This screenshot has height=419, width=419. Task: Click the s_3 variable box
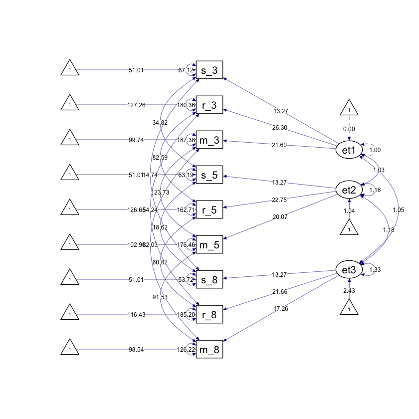click(x=209, y=70)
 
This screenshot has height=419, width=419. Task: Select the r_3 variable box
click(x=209, y=105)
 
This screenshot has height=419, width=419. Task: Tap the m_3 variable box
click(x=209, y=140)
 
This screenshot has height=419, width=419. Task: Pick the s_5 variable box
click(x=209, y=175)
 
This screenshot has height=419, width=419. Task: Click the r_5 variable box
click(x=209, y=210)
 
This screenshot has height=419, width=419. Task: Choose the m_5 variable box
click(x=209, y=245)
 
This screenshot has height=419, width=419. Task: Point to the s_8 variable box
click(x=209, y=280)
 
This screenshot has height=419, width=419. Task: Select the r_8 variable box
click(x=209, y=315)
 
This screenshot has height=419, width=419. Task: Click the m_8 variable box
click(x=209, y=350)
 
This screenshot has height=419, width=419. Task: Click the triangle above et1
click(x=349, y=109)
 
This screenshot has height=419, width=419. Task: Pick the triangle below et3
click(x=349, y=308)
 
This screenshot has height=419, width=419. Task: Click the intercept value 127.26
click(x=136, y=105)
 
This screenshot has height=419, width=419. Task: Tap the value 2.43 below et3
click(x=349, y=291)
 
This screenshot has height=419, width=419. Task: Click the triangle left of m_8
click(x=70, y=349)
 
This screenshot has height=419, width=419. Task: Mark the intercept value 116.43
click(x=136, y=315)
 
